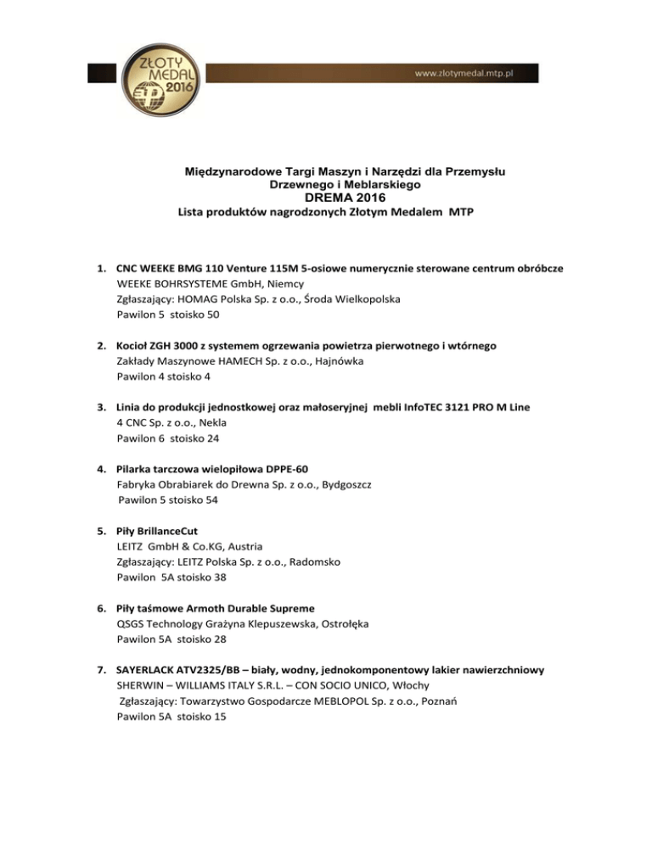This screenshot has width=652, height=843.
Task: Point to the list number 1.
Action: (101, 269)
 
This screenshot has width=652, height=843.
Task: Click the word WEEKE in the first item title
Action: (157, 269)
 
